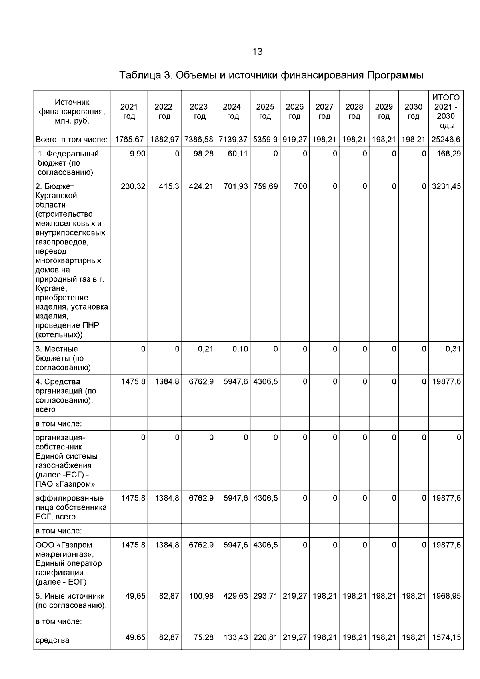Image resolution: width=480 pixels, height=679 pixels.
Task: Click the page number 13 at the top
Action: pos(257,52)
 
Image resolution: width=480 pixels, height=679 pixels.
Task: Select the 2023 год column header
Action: pos(198,112)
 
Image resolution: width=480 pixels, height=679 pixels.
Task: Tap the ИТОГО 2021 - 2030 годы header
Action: pos(446,112)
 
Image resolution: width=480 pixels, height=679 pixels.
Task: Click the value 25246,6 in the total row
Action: pos(446,140)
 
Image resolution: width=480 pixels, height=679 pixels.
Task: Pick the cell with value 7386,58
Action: pos(199,140)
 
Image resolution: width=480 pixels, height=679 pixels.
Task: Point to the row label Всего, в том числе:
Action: pos(72,140)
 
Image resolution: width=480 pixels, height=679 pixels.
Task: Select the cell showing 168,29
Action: pos(449,154)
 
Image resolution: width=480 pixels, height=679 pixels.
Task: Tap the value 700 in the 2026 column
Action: pos(300,186)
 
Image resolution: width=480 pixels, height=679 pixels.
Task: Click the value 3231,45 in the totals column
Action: pos(446,186)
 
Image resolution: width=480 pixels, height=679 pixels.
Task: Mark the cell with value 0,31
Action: pos(453,349)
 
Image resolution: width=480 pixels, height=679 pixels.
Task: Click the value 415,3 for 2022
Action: pos(168,186)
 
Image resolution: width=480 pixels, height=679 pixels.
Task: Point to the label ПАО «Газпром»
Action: pos(65,484)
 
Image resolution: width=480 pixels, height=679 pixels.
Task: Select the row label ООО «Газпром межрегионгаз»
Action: pos(64,549)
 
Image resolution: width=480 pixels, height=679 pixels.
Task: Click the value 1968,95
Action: pos(446,596)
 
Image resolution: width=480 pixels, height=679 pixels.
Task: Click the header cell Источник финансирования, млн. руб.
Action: pos(72,112)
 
